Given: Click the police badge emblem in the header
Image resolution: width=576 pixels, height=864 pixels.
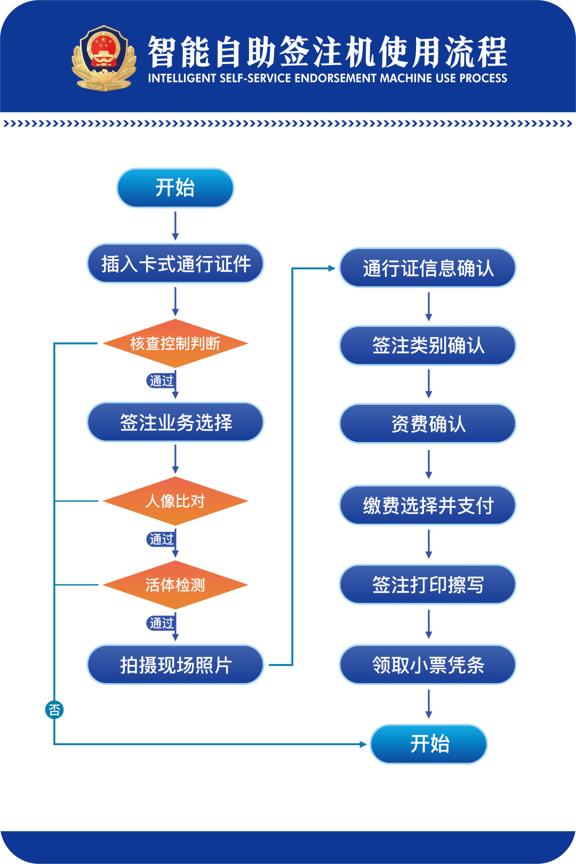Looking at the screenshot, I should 105,58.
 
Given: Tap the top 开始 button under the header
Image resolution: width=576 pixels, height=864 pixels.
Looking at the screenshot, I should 175,188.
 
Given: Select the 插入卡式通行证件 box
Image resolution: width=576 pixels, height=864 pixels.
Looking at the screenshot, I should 175,263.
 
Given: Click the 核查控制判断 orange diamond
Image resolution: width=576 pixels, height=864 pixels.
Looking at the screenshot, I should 175,343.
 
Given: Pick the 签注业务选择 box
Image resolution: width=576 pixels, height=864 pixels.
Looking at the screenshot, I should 175,422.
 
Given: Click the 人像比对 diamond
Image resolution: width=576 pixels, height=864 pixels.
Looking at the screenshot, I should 175,501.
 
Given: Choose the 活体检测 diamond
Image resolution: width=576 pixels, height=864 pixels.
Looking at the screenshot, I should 175,585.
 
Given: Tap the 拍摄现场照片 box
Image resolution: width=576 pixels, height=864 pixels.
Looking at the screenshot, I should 175,665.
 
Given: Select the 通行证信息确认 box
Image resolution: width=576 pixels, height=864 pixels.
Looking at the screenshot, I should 428,268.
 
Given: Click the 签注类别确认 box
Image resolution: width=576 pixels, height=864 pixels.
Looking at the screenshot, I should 428,346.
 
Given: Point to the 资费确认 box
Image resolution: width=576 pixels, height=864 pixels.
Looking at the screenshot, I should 428,424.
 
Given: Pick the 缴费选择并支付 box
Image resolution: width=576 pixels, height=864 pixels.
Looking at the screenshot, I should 428,505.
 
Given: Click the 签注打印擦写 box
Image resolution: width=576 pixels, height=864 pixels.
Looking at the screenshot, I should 428,585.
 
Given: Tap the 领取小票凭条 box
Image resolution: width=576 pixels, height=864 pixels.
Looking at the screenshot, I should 428,665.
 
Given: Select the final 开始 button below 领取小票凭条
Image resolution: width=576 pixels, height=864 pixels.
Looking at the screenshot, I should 429,744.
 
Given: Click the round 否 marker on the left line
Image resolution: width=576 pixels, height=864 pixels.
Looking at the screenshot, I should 54,710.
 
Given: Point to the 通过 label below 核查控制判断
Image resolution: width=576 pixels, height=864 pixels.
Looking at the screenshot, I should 161,381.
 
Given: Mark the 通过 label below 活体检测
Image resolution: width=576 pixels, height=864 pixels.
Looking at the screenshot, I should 161,623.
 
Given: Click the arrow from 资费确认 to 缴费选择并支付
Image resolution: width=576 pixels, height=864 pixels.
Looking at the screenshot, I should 429,464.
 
